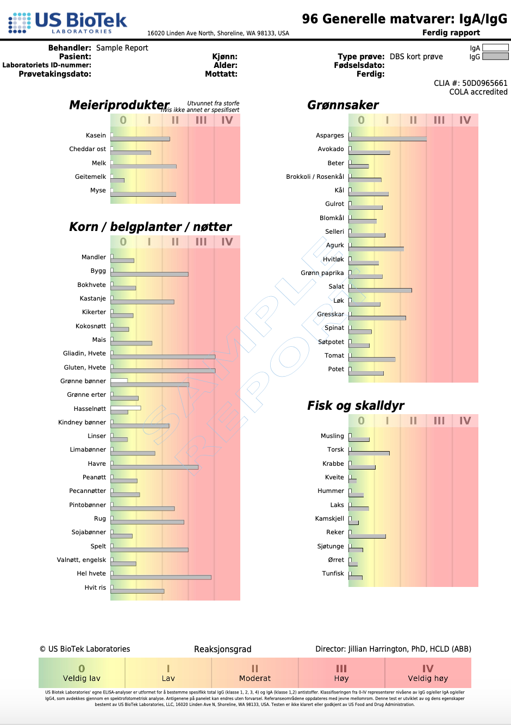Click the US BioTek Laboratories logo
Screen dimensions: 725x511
[67, 23]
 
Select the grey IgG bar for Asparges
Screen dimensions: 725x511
[388, 139]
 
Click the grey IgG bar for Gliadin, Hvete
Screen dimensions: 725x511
[163, 357]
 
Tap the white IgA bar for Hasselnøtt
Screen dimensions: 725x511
[126, 408]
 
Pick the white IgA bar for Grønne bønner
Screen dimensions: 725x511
[119, 380]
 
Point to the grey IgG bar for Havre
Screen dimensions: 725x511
[154, 467]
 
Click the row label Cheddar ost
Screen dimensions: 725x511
[88, 149]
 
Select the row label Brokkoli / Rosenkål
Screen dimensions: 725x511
[315, 177]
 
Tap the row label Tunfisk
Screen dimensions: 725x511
[333, 573]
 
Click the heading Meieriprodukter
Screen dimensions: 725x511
[119, 105]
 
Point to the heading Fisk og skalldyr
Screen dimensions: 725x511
[356, 405]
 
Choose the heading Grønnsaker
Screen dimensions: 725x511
[342, 105]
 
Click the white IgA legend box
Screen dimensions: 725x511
[495, 48]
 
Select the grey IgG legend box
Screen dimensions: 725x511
[495, 57]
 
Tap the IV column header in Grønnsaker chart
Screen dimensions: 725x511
[465, 120]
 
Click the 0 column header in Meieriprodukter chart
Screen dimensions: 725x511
[123, 120]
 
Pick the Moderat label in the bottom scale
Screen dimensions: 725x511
[254, 678]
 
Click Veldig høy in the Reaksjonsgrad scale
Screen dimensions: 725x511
[428, 678]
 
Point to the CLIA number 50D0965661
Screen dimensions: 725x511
[484, 83]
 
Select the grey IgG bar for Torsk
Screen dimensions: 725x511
[369, 453]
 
